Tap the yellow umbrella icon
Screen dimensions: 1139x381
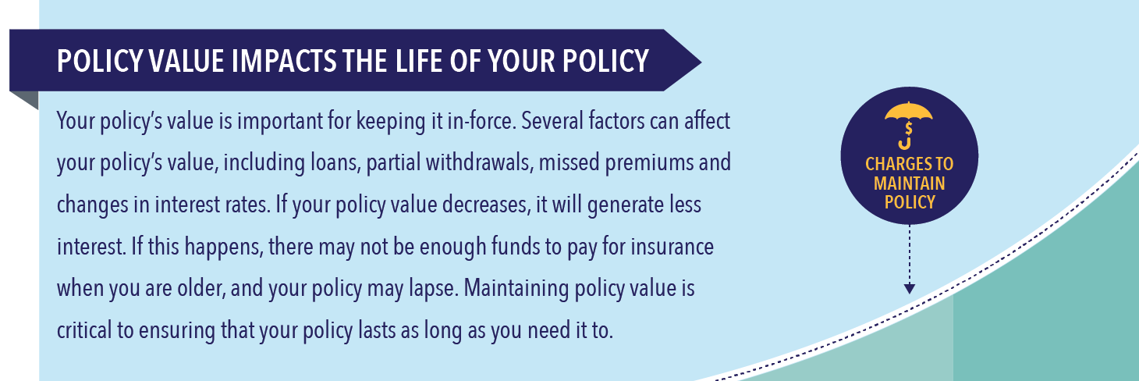(x=909, y=125)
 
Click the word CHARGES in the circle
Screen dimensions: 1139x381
(x=893, y=164)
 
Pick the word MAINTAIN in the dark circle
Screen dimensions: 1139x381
(x=909, y=183)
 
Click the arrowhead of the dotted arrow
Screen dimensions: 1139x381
(x=909, y=288)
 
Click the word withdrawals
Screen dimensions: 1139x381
(x=480, y=162)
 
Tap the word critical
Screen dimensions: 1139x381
(x=84, y=330)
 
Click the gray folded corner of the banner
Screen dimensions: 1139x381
(x=24, y=100)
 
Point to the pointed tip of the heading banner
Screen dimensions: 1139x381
(x=701, y=62)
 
